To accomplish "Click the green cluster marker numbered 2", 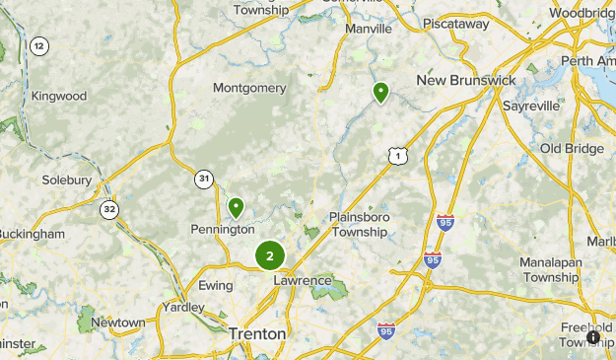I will pos(269,255).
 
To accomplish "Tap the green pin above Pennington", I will pos(237,207).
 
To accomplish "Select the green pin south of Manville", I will pos(380,93).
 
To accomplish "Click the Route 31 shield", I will pos(203,179).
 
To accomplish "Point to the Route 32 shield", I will pos(107,209).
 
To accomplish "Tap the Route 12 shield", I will pos(39,46).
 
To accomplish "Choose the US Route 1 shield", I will pos(396,156).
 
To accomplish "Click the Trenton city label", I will pos(257,334).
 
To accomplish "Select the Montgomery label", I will pos(249,88).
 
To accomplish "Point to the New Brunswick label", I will pos(466,80).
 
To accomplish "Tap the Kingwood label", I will pos(59,97).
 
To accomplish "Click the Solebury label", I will pos(66,180).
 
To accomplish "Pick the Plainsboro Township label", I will pos(359,225).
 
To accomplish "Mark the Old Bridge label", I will pos(571,148).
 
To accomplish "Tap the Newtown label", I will pos(117,323).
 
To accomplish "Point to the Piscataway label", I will pos(456,23).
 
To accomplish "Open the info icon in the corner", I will pos(594,337).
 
